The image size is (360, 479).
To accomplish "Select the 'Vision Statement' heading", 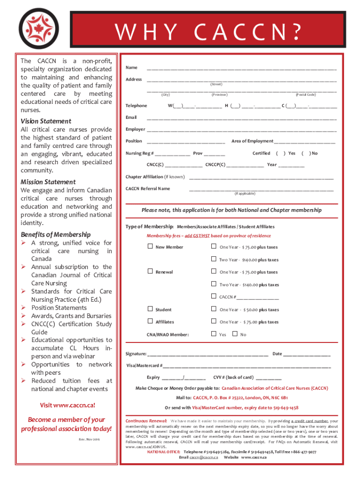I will coord(46,121).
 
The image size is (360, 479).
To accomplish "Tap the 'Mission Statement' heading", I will coord(48,182).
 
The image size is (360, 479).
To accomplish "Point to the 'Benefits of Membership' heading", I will coord(56,235).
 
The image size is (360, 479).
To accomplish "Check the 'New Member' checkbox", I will coord(150,246).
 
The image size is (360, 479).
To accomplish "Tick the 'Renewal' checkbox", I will coord(150,271).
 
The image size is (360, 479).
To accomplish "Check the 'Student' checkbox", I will coord(150,309).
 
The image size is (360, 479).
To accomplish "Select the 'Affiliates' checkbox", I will coord(150,321).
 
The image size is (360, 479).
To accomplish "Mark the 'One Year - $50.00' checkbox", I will coord(214,309).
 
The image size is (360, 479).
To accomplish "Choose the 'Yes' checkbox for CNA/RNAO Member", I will coord(214,334).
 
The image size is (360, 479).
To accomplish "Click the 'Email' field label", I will coord(131,117).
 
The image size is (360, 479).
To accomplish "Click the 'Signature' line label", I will coord(136,354).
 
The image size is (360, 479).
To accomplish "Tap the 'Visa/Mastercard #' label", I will coord(144,365).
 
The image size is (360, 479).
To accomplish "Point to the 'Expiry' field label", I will coord(153,377).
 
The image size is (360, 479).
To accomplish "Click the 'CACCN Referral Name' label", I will coord(148,189).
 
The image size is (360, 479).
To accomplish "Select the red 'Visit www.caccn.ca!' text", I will coord(64,405).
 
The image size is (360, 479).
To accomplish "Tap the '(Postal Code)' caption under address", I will coord(305,94).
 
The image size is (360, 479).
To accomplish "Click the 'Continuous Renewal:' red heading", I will coord(146,421).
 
